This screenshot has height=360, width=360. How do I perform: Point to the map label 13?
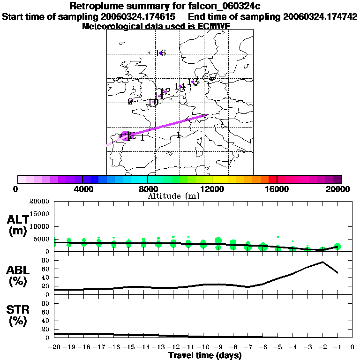(192, 82)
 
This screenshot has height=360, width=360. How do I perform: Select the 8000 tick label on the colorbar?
(147, 189)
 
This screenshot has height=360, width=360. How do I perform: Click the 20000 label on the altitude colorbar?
(337, 189)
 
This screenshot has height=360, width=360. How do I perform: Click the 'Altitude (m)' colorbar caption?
(174, 196)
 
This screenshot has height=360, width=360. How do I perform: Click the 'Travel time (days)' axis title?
(205, 356)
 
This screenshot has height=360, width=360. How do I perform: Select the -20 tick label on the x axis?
(54, 347)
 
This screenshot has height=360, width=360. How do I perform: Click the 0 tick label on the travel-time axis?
(352, 347)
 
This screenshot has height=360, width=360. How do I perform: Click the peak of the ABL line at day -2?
(322, 262)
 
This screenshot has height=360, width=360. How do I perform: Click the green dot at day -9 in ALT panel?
(218, 241)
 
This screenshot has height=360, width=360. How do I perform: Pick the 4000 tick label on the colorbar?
(82, 189)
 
